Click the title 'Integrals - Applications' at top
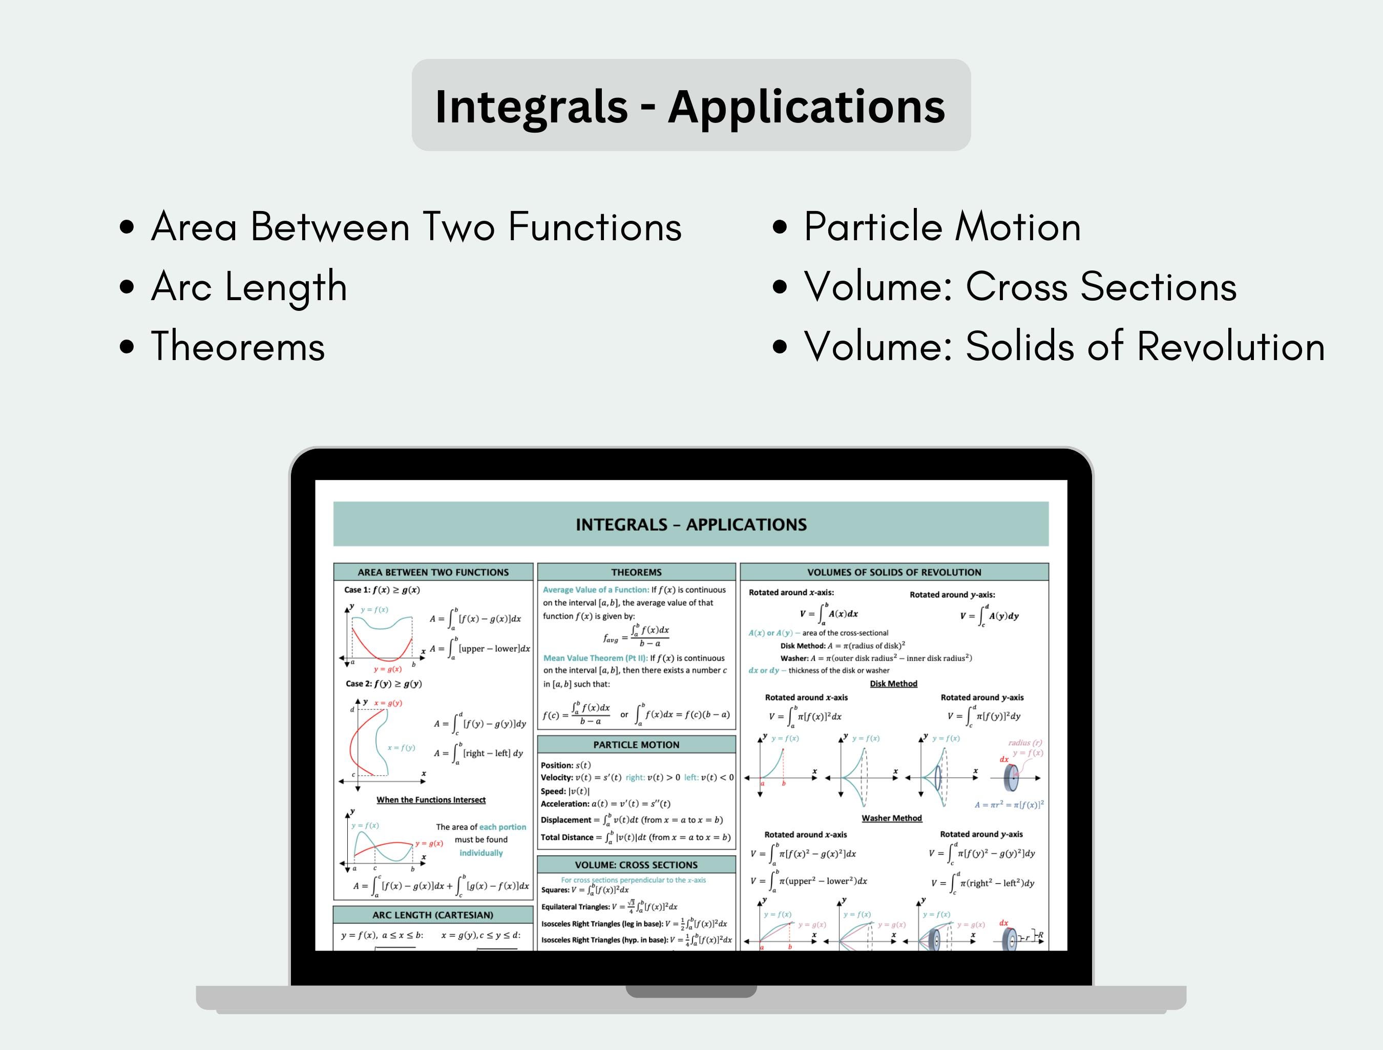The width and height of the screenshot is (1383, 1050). (x=690, y=106)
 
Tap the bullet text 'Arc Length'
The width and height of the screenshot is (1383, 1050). (x=249, y=286)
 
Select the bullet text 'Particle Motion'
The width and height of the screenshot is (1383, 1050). (x=941, y=226)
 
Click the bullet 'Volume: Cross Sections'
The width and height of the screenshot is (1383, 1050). (x=1020, y=286)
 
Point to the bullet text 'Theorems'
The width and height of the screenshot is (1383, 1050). (x=238, y=346)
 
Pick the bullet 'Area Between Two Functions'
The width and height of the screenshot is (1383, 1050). (x=416, y=226)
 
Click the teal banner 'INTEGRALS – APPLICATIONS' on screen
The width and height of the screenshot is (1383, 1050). (x=690, y=524)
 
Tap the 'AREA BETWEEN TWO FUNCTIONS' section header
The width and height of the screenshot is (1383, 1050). (x=433, y=572)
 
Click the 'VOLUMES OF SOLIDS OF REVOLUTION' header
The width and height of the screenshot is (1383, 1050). (x=893, y=572)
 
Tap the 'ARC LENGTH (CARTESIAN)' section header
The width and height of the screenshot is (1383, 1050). (x=433, y=914)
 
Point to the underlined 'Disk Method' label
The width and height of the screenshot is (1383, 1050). (x=893, y=684)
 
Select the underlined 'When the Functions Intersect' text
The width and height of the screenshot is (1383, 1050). (x=431, y=800)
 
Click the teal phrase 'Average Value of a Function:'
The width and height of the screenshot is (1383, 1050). (x=595, y=590)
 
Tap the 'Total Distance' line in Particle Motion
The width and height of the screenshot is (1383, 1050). (x=635, y=837)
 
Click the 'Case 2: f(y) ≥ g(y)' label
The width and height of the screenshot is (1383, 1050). (x=383, y=684)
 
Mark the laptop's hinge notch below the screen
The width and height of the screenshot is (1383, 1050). (x=690, y=991)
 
